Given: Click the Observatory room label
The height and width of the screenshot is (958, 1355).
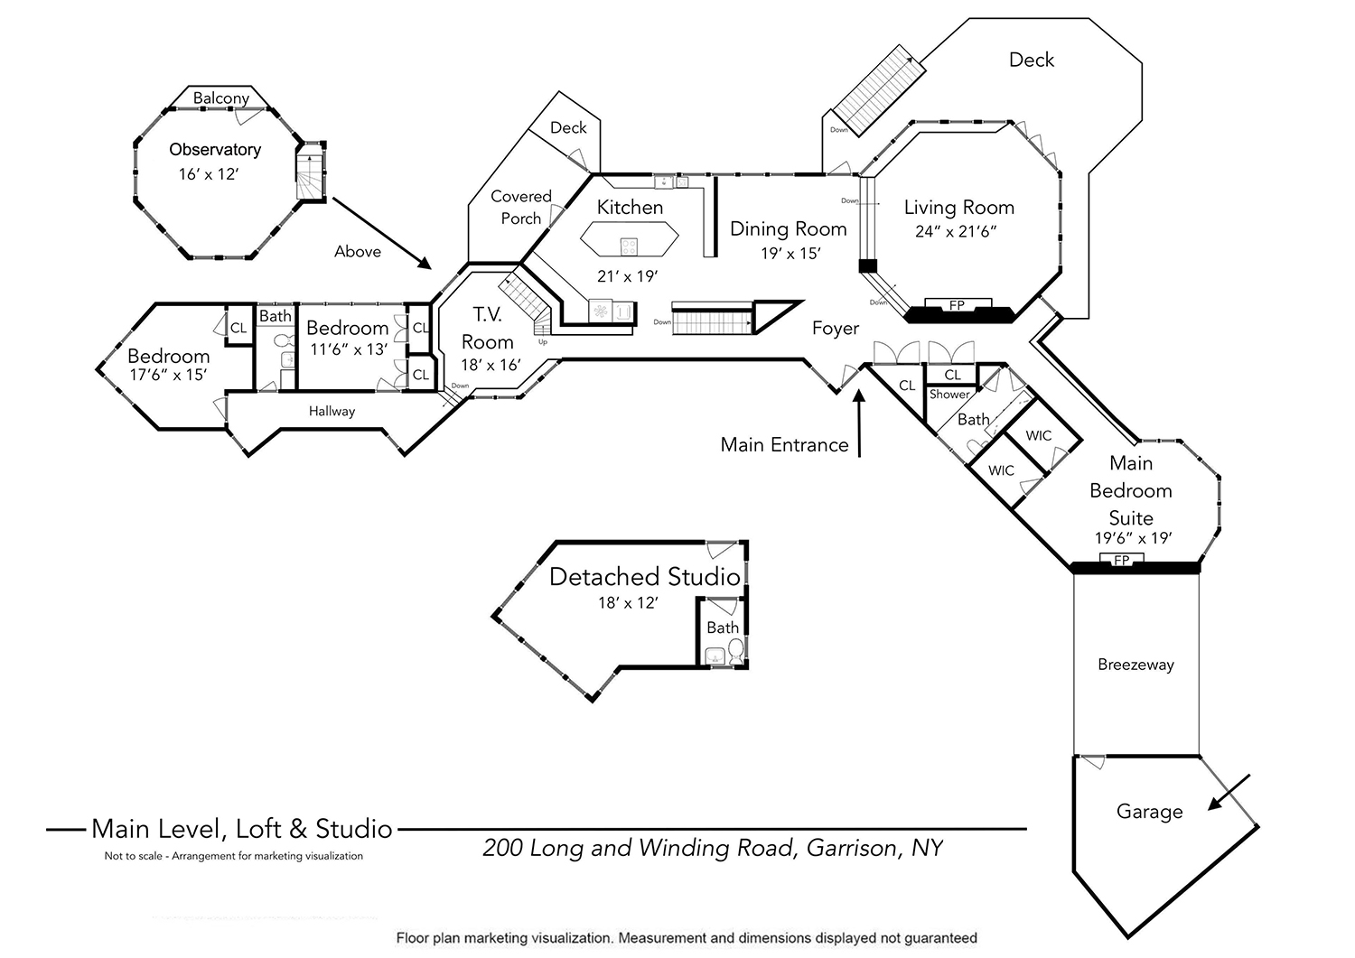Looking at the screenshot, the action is [x=215, y=149].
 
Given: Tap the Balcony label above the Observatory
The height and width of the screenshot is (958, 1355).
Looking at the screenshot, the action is [x=220, y=98].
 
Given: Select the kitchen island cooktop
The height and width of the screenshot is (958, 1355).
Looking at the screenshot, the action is [x=629, y=246].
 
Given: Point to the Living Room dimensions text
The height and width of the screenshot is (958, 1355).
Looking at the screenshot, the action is [x=956, y=232].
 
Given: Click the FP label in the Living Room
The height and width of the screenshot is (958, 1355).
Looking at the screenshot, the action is [x=957, y=305].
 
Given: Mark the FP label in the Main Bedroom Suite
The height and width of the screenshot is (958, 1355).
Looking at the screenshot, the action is [x=1122, y=560].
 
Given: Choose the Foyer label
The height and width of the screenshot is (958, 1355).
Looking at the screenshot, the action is [x=836, y=329].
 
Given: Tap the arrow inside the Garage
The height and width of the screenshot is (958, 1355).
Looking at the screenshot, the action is [x=1229, y=792].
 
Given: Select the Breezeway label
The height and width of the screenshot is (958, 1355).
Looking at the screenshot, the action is [x=1135, y=665].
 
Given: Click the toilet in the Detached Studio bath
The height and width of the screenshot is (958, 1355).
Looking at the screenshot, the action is [x=735, y=652].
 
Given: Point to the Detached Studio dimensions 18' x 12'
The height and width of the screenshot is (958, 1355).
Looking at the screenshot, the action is [x=628, y=603].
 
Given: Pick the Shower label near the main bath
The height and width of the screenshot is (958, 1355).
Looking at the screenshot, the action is [x=949, y=395].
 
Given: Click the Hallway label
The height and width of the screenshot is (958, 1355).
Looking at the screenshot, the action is [x=332, y=411].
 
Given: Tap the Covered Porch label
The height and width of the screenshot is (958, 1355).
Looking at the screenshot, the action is [x=521, y=208].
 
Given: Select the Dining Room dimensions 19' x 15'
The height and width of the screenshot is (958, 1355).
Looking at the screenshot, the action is [x=790, y=254].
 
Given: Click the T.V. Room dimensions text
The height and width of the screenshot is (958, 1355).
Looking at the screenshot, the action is [x=491, y=366].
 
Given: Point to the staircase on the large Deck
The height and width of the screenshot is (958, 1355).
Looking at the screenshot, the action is [x=879, y=90].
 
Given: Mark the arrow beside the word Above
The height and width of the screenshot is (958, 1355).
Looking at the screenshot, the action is [x=382, y=233].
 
